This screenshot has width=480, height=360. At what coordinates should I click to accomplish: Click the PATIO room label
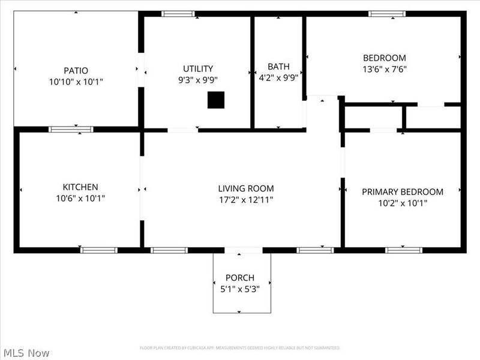[76, 70]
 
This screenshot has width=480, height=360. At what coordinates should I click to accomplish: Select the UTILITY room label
[197, 68]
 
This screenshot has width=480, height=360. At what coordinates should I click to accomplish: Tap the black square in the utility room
[216, 100]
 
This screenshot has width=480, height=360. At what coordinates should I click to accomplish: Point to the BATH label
[278, 66]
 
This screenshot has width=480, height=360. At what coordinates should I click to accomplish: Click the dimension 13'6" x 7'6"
[384, 68]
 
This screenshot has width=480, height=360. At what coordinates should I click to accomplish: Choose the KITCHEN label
[80, 187]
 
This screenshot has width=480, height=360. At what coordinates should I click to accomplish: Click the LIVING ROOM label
[245, 188]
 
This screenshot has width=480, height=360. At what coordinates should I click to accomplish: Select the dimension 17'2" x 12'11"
[245, 199]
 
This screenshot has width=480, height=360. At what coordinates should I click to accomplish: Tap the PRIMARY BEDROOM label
[402, 191]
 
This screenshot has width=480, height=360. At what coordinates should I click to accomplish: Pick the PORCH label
[239, 278]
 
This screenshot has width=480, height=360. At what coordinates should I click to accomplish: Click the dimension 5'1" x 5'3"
[239, 289]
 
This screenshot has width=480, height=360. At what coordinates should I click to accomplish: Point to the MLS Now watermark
[26, 353]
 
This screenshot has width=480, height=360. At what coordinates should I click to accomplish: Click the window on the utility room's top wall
[178, 14]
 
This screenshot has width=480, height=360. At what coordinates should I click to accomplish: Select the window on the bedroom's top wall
[387, 14]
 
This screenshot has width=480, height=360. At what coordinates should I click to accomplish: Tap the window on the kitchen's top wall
[71, 129]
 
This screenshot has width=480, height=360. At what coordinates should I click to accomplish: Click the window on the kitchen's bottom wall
[99, 250]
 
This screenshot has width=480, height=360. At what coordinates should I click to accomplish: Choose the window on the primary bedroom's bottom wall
[404, 250]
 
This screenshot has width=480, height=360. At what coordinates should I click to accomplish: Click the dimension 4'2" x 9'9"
[278, 77]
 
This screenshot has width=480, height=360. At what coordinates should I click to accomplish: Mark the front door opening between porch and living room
[244, 250]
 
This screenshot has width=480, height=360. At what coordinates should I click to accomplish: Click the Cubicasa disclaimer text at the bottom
[240, 347]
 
